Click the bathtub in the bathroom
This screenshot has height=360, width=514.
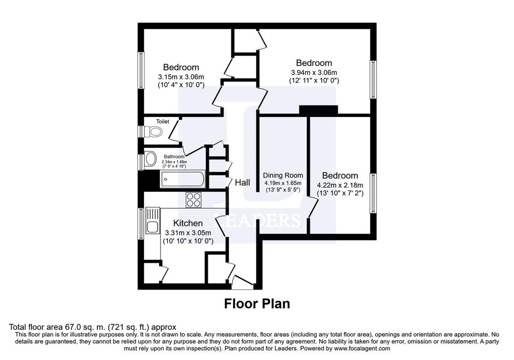click(x=183, y=179)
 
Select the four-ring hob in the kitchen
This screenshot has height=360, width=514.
click(x=193, y=200)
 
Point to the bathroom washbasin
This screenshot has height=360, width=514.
click(x=151, y=159)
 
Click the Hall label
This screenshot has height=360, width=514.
click(x=242, y=183)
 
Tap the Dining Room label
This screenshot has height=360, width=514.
click(x=283, y=175)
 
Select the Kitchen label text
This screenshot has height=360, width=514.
click(x=188, y=223)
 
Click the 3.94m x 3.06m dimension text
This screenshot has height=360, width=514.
click(x=314, y=72)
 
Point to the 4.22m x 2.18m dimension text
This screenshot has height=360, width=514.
click(x=340, y=185)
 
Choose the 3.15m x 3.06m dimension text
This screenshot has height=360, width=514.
click(x=181, y=77)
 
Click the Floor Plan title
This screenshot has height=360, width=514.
click(x=257, y=304)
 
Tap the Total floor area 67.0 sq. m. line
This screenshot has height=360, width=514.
click(x=92, y=327)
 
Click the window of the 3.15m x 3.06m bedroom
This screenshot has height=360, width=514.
click(x=141, y=70)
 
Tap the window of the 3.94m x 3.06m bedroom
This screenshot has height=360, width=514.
click(x=373, y=79)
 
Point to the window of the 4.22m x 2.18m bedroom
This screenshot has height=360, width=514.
click(x=373, y=193)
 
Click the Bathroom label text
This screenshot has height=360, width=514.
click(x=174, y=157)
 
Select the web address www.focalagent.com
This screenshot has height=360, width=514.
click(x=361, y=348)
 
